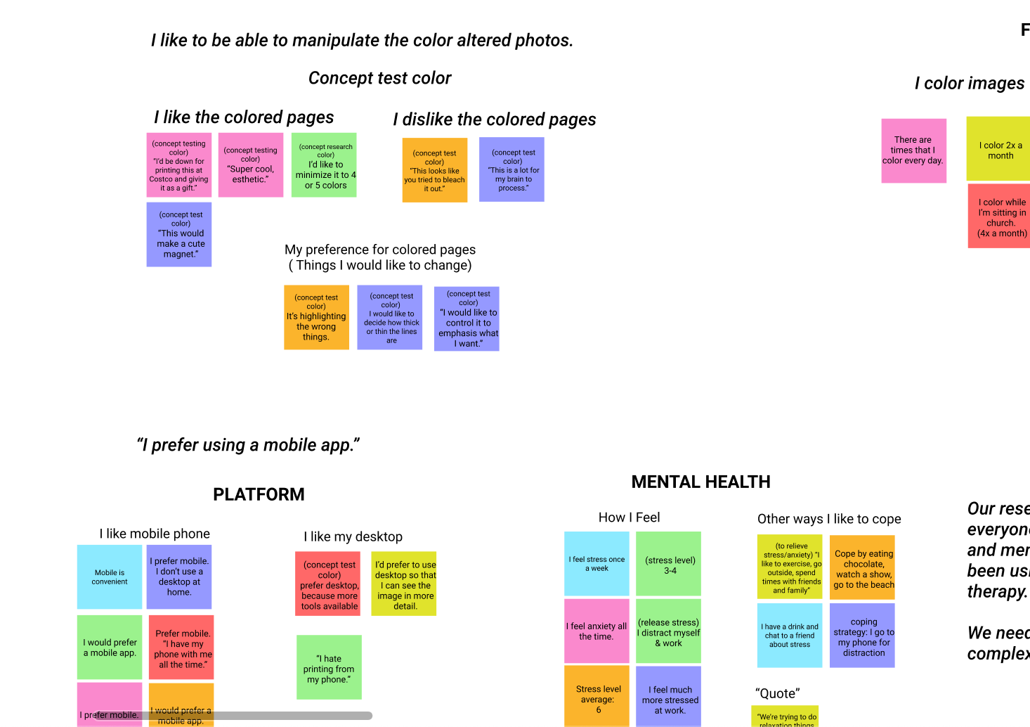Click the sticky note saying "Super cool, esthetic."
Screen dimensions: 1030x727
[x=251, y=165]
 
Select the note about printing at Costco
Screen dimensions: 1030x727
[x=179, y=165]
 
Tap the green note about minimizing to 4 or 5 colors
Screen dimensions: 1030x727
[x=324, y=165]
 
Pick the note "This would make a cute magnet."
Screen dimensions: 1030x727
[x=179, y=235]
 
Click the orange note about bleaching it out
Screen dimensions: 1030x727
[x=435, y=170]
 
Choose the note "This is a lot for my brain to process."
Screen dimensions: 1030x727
[x=511, y=169]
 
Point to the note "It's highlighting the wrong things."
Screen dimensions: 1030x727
[x=316, y=317]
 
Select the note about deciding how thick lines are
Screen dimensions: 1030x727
[x=390, y=317]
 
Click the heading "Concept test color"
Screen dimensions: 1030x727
[x=379, y=78]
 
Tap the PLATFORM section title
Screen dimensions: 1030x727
[x=259, y=494]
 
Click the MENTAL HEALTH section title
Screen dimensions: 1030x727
[x=700, y=482]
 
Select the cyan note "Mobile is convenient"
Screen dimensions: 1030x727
[x=110, y=577]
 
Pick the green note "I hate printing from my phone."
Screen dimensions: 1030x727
[x=329, y=667]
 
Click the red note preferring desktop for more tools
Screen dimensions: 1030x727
[x=328, y=584]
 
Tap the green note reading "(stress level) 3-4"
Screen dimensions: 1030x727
[x=669, y=564]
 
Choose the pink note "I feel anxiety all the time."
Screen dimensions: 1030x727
[x=597, y=631]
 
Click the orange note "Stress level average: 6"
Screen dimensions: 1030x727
[x=597, y=696]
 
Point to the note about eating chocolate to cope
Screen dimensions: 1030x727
[x=862, y=567]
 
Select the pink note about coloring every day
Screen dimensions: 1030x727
[x=913, y=150]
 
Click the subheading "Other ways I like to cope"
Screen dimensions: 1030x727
[x=829, y=519]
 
